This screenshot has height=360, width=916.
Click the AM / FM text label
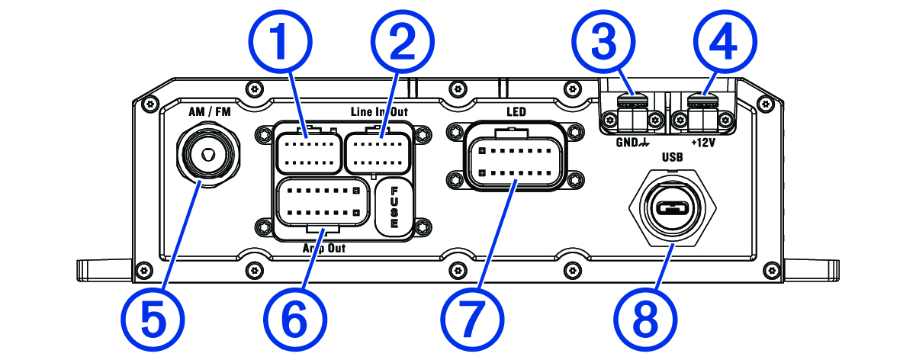click(209, 111)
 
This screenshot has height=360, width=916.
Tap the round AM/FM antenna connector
click(206, 153)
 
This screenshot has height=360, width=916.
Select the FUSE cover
click(394, 206)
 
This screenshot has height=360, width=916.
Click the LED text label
click(516, 112)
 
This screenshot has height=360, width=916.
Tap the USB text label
click(672, 159)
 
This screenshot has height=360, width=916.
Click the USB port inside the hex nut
click(671, 208)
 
